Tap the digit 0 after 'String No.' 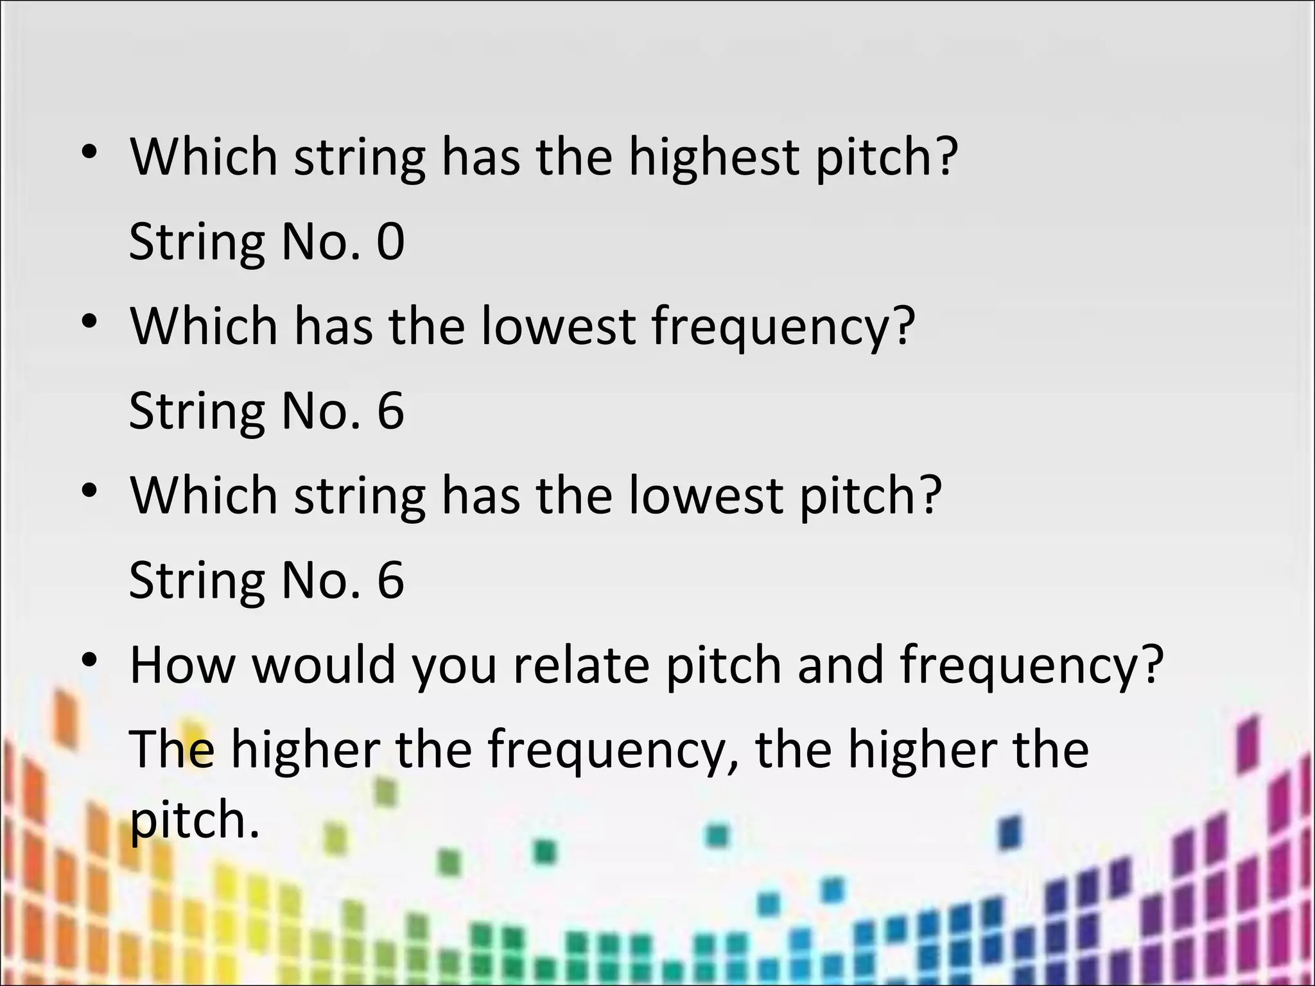coord(390,241)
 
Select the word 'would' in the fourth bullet coord(323,665)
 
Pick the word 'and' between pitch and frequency coord(840,665)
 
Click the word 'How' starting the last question coord(182,665)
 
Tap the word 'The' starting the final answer coord(172,750)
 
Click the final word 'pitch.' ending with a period coord(195,822)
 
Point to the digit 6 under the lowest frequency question coord(390,411)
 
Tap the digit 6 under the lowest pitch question coord(390,580)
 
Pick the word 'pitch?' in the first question coord(887,157)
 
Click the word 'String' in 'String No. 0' coord(196,243)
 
